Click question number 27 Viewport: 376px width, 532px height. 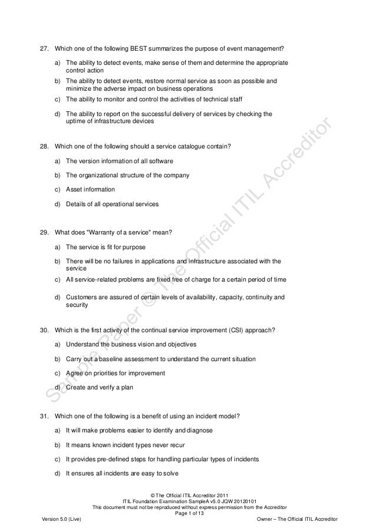(43, 48)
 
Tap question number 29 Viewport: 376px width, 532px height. (43, 233)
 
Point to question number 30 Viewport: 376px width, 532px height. (43, 329)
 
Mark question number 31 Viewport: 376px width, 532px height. (43, 417)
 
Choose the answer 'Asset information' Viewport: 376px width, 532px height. (90, 189)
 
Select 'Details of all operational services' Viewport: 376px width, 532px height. (112, 204)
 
